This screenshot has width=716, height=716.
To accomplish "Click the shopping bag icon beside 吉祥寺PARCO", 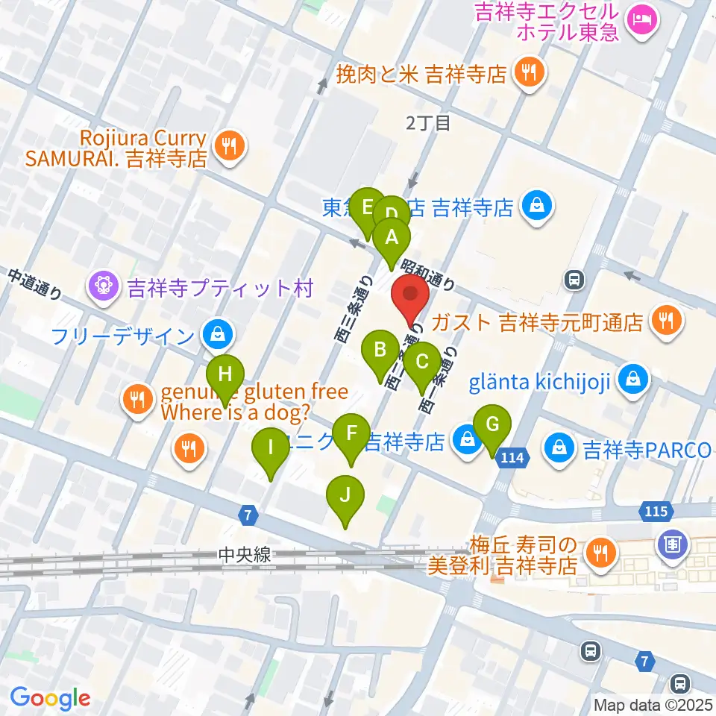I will click(559, 449).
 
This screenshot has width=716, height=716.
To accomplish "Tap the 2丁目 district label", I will click(428, 123).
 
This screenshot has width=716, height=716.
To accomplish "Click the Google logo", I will click(51, 699).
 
